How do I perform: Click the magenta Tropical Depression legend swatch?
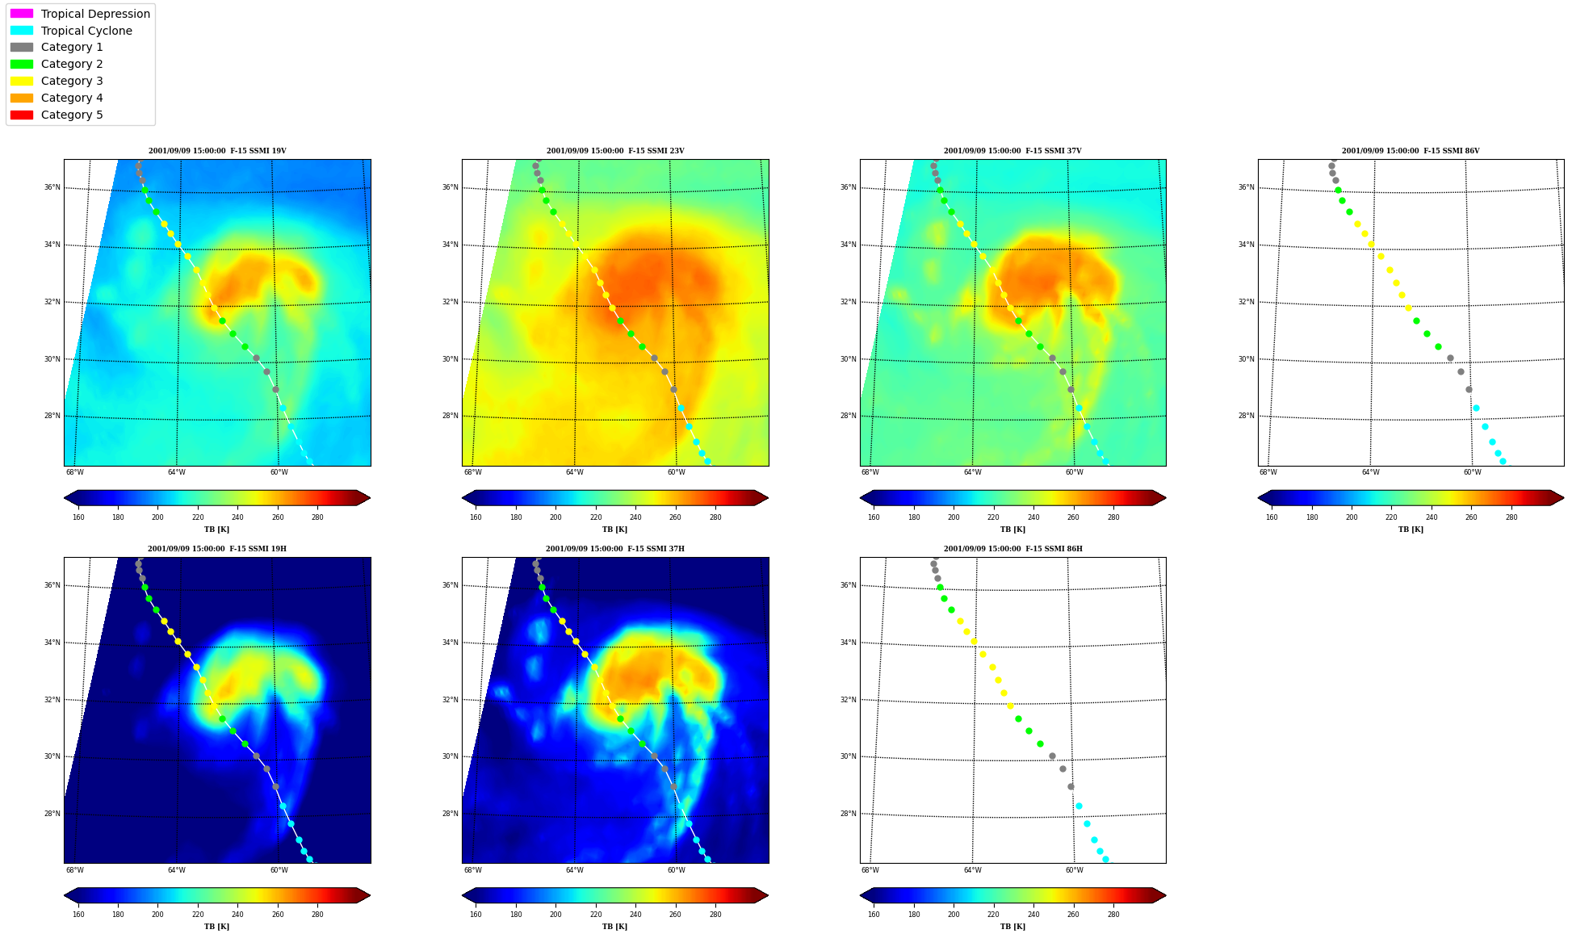pyautogui.click(x=22, y=14)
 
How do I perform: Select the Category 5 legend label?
pyautogui.click(x=72, y=115)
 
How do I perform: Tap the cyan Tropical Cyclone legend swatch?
pyautogui.click(x=22, y=31)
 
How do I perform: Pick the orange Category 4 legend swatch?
pyautogui.click(x=22, y=98)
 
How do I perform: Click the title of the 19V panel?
pyautogui.click(x=217, y=151)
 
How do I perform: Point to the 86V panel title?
pyautogui.click(x=1411, y=151)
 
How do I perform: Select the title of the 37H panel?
pyautogui.click(x=615, y=549)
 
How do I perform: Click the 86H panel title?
pyautogui.click(x=1013, y=549)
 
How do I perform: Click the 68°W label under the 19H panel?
pyautogui.click(x=74, y=870)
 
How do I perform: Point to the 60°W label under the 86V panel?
pyautogui.click(x=1472, y=472)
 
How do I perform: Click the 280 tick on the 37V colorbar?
pyautogui.click(x=1113, y=517)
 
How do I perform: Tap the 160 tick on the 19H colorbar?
pyautogui.click(x=78, y=915)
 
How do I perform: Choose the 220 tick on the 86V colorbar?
pyautogui.click(x=1391, y=517)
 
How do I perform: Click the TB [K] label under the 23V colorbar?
pyautogui.click(x=614, y=530)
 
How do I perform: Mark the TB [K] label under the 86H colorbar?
pyautogui.click(x=1012, y=927)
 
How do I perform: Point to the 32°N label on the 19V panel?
pyautogui.click(x=52, y=302)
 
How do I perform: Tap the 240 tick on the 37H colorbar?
pyautogui.click(x=635, y=915)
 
